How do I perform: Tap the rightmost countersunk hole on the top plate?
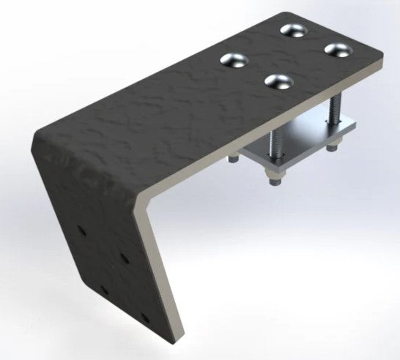tap(338, 50)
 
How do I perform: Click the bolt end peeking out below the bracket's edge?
tap(233, 159)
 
